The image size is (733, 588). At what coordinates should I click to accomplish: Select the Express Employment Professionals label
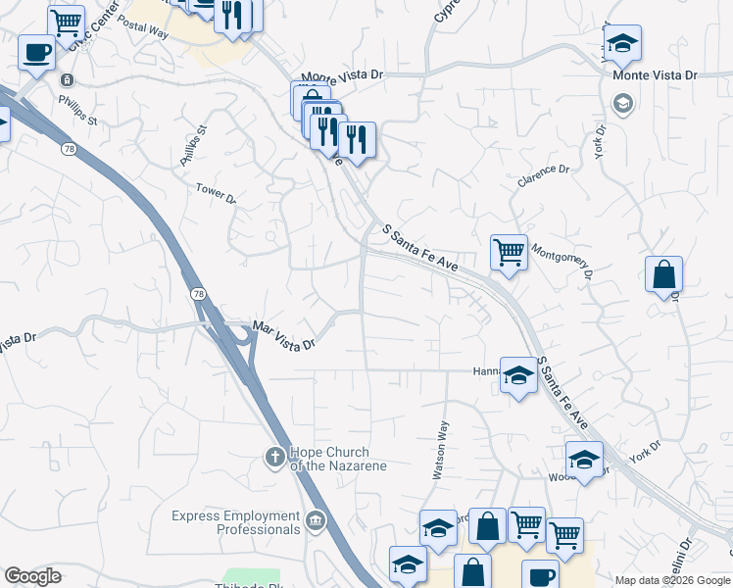[x=235, y=522]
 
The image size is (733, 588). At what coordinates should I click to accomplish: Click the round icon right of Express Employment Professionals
[x=317, y=520]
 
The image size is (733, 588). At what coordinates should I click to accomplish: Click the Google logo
[x=32, y=576]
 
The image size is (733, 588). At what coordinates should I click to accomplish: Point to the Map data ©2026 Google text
[x=672, y=580]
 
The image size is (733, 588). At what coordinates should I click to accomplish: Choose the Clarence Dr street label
[x=544, y=175]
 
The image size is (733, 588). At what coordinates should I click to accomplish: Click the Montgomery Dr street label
[x=562, y=260]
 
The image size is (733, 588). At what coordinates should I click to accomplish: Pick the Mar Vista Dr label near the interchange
[x=284, y=336]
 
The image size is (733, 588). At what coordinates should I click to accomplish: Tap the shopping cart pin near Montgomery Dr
[x=509, y=252]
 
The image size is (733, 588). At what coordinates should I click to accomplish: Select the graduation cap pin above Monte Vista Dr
[x=621, y=43]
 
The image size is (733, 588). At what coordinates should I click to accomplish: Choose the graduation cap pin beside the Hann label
[x=518, y=374]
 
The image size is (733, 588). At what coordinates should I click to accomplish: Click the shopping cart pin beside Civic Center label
[x=67, y=22]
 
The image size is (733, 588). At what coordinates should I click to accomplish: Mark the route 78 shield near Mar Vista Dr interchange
[x=198, y=295]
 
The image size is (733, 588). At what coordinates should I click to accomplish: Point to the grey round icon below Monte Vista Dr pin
[x=621, y=102]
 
